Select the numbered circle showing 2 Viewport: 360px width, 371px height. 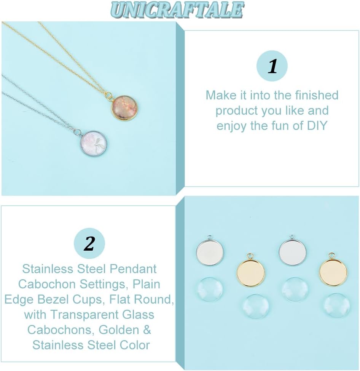coord(89,243)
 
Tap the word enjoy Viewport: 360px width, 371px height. coord(232,126)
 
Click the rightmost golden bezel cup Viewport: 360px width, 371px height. coord(333,271)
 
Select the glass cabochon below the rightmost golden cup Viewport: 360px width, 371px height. coord(336,306)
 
